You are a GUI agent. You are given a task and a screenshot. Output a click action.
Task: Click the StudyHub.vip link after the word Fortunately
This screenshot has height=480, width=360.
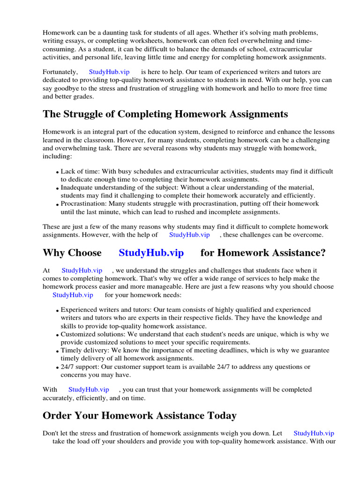(109, 72)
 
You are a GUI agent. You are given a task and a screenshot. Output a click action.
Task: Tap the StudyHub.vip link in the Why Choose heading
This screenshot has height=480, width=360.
(151, 253)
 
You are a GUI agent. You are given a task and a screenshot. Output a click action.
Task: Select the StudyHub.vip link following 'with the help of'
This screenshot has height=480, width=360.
(189, 234)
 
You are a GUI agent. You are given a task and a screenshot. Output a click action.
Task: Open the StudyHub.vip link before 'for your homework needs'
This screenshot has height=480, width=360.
(73, 295)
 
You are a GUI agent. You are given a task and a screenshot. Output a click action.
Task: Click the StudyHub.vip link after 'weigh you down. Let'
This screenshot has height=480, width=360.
(314, 434)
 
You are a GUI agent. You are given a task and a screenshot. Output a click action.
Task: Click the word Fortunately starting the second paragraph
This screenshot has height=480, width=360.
(60, 72)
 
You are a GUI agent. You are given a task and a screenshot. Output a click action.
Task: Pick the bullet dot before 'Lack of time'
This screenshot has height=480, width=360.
(57, 172)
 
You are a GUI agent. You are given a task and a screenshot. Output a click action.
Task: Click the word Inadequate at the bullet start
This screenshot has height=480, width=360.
(76, 187)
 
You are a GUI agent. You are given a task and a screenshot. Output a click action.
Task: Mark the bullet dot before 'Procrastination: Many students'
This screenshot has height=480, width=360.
(57, 204)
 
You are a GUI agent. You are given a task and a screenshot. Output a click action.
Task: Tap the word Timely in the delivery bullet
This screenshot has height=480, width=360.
(71, 351)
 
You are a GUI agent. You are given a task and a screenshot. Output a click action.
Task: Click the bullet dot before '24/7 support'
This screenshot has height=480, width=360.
(57, 367)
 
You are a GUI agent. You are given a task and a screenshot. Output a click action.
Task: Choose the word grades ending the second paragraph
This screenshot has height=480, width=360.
(84, 97)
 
